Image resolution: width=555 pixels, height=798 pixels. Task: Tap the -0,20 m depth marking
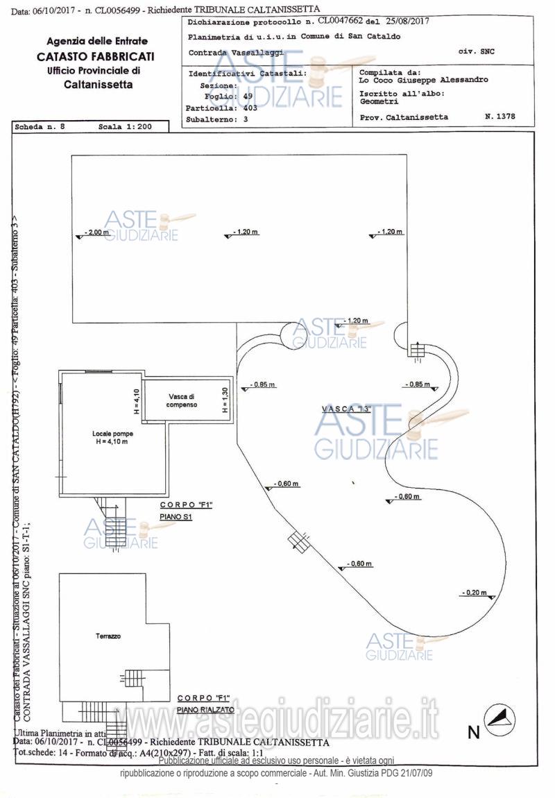coord(475,593)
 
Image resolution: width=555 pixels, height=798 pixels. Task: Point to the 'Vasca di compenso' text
coord(182,400)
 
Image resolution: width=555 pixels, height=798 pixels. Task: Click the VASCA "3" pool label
coord(347,409)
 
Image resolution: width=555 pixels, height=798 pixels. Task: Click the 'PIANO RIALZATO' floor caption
coord(205,710)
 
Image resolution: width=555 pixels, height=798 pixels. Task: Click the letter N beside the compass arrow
coord(473,731)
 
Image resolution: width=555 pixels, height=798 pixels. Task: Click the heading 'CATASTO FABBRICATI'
coord(96,56)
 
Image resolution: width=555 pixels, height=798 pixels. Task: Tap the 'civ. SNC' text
coord(477,51)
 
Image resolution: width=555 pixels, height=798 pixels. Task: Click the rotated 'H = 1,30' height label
coord(225,400)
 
